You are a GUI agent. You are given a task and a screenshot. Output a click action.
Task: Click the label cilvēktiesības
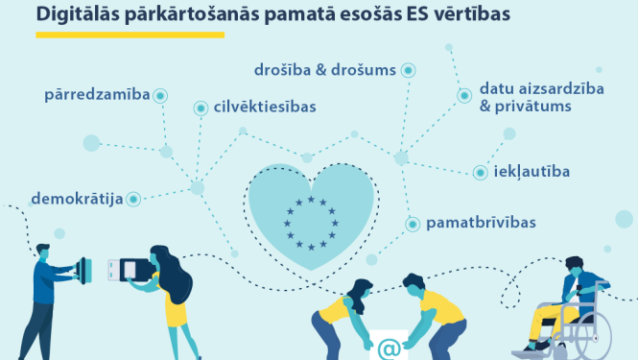[x=266, y=108]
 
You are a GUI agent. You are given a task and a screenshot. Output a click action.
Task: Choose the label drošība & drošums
[x=324, y=70]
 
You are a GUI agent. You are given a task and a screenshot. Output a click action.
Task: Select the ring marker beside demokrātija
[x=134, y=199]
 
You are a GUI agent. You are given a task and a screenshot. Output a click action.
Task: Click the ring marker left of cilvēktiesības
[x=201, y=108]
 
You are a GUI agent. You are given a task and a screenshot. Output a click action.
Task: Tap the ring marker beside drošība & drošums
[x=408, y=70]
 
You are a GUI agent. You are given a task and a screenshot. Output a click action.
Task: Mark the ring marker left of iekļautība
[x=481, y=173]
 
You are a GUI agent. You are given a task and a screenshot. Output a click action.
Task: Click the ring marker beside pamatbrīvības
[x=412, y=224]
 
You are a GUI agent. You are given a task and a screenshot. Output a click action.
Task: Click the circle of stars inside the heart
[x=310, y=222]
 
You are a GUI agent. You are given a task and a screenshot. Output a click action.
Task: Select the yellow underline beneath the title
[x=130, y=35]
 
